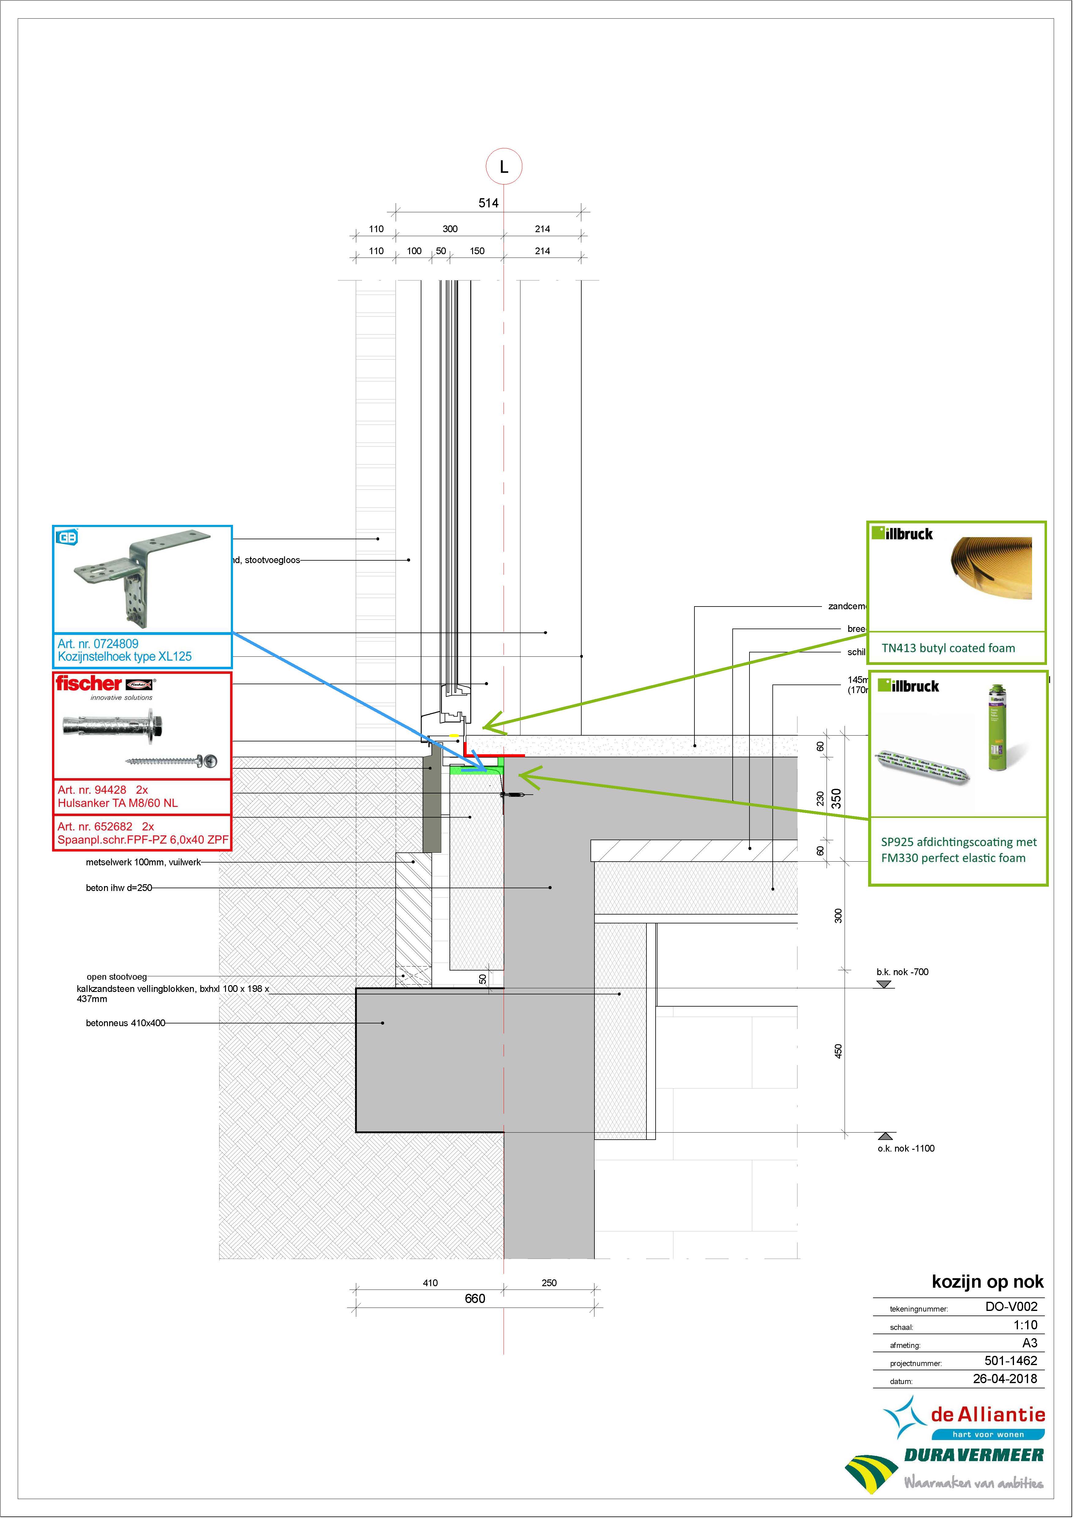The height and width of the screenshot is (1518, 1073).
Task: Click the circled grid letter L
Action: (504, 167)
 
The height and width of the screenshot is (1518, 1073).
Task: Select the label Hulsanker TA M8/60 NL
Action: (118, 803)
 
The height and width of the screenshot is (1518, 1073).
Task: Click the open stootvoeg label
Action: (117, 977)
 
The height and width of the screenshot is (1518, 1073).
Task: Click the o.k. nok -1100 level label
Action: (906, 1149)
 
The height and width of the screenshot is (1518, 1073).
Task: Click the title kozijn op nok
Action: (987, 1281)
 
